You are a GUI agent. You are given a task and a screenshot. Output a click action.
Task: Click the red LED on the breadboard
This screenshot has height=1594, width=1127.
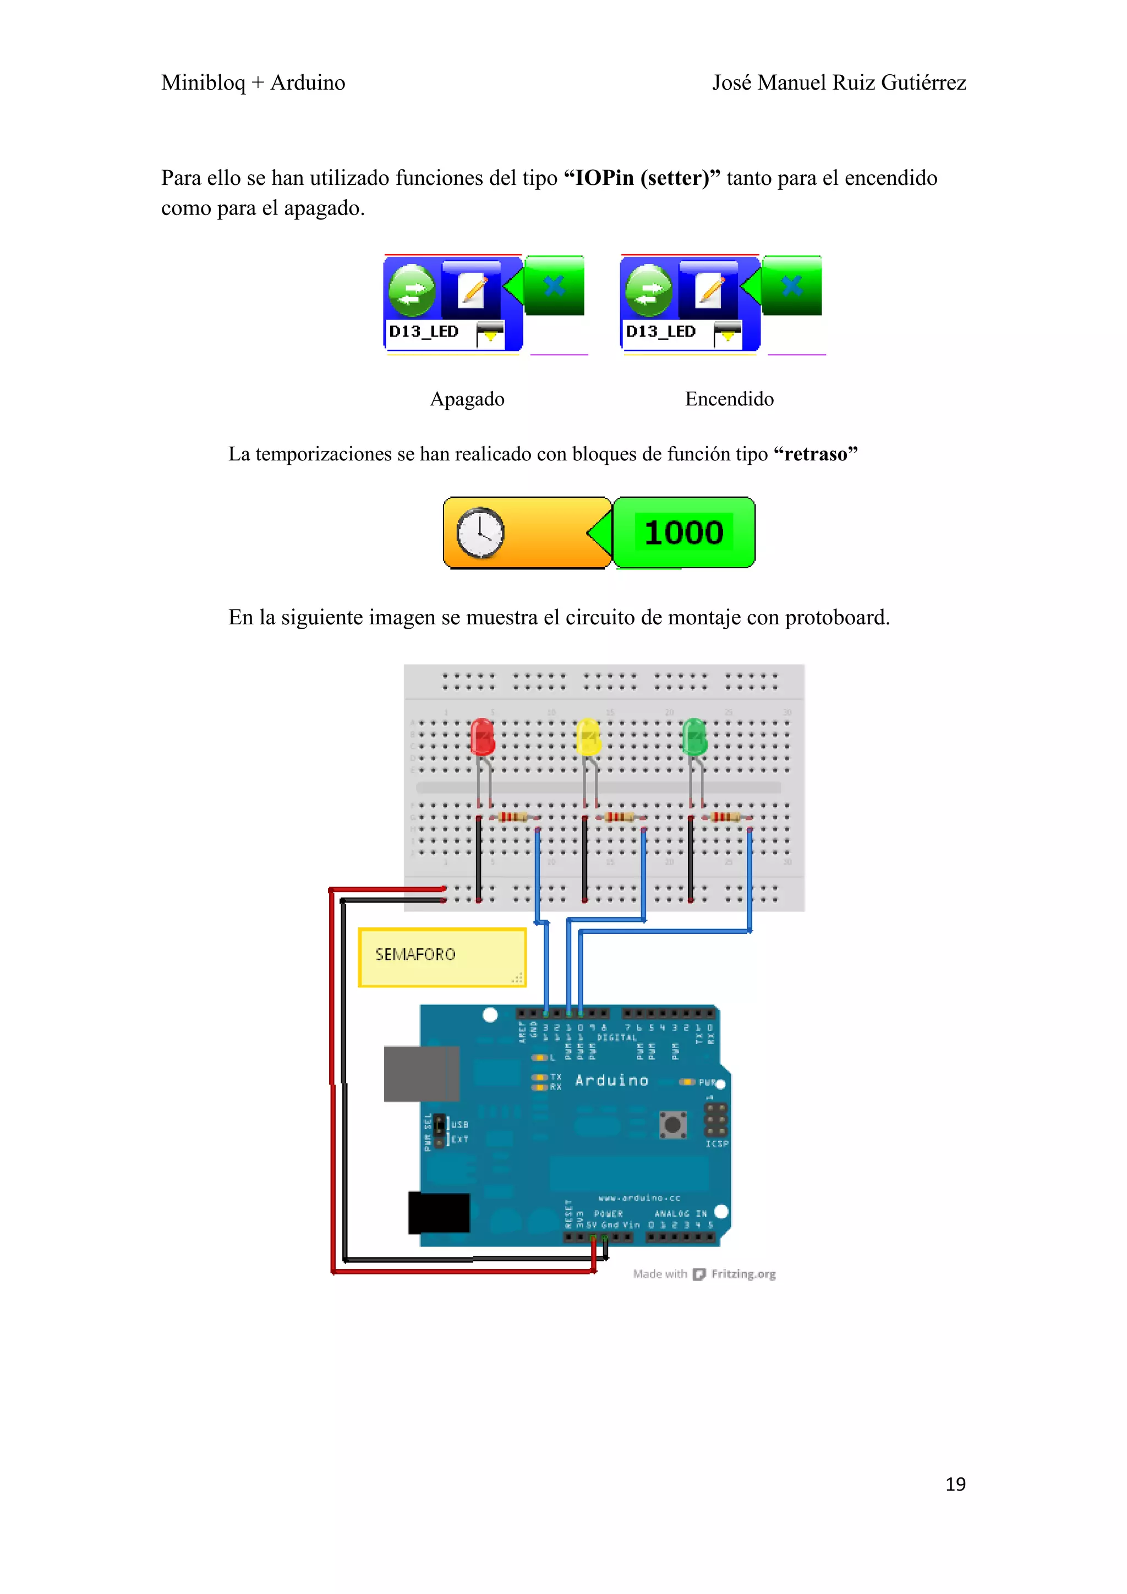[482, 737]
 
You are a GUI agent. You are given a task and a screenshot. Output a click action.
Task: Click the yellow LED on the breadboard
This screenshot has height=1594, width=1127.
[588, 737]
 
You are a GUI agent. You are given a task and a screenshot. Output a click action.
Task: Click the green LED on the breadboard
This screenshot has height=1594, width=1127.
[694, 737]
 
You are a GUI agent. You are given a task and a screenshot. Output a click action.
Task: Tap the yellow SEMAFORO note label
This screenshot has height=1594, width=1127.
[442, 957]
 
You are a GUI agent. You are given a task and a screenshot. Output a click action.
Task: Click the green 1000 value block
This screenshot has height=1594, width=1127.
[684, 532]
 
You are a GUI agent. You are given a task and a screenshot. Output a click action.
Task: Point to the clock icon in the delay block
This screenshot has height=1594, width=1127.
[480, 532]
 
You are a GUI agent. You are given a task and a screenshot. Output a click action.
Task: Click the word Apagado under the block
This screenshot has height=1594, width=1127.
[467, 399]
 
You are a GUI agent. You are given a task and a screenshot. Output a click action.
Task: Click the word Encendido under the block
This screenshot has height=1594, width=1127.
[729, 399]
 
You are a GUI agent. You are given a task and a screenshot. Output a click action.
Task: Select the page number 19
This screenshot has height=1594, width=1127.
[955, 1483]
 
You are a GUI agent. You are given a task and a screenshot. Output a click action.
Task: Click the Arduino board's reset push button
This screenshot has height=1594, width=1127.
[672, 1124]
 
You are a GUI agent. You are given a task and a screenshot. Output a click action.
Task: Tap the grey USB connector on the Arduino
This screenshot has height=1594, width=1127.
[421, 1073]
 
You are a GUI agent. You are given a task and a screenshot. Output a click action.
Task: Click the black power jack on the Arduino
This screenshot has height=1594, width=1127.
[439, 1212]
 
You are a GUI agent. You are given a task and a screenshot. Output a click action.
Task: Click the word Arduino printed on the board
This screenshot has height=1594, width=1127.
[611, 1080]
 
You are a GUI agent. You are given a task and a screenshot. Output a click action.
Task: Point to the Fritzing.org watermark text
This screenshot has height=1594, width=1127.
[743, 1274]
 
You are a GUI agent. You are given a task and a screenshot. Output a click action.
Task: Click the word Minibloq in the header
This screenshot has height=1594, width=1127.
[204, 83]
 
